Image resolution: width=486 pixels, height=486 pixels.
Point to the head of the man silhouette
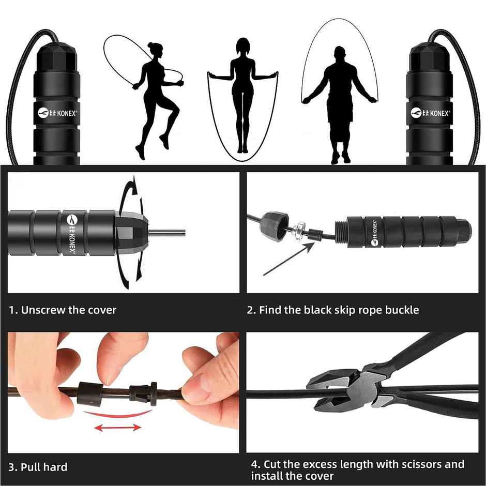tap(339, 53)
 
